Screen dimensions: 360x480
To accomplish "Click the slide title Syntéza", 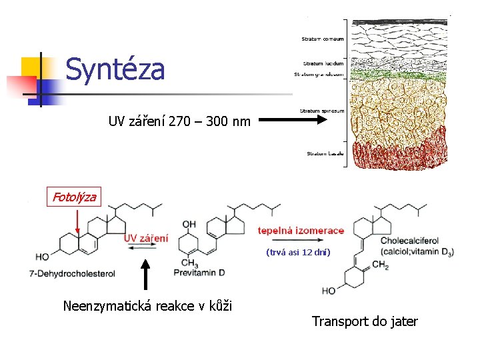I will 115,69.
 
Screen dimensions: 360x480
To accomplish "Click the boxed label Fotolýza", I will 75,196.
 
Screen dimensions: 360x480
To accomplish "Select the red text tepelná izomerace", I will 301,231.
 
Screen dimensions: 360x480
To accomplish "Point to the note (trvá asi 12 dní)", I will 297,252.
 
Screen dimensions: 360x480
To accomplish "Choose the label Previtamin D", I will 200,272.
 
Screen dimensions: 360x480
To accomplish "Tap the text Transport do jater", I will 365,321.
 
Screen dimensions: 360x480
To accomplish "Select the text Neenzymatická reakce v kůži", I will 147,306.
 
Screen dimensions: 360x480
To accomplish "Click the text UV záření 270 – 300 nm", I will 179,121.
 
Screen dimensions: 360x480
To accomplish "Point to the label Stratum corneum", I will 323,39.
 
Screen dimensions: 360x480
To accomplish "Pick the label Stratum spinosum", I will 322,111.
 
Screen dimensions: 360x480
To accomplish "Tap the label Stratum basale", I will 325,153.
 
